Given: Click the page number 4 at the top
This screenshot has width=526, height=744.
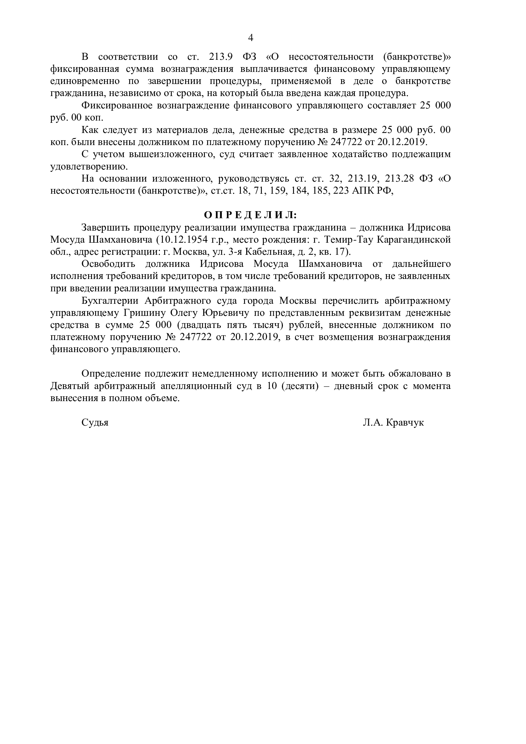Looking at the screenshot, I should coord(250,38).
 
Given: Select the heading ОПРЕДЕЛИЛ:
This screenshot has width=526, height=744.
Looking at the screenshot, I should coord(250,215).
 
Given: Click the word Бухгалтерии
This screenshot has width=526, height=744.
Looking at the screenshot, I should coord(109,301).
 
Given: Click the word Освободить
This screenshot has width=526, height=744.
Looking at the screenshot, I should coord(108,264).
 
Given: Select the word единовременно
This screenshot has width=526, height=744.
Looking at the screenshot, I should coord(85,81).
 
